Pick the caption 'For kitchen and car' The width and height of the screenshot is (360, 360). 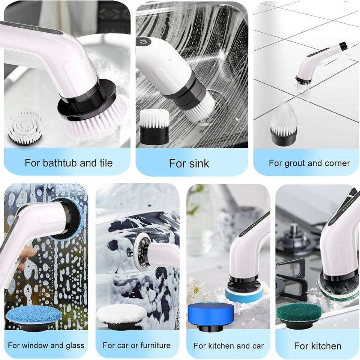click(228, 346)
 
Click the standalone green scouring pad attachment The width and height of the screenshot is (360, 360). click(299, 312)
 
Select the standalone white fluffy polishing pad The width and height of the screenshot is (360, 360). click(121, 313)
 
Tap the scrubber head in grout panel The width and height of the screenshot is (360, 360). click(303, 79)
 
